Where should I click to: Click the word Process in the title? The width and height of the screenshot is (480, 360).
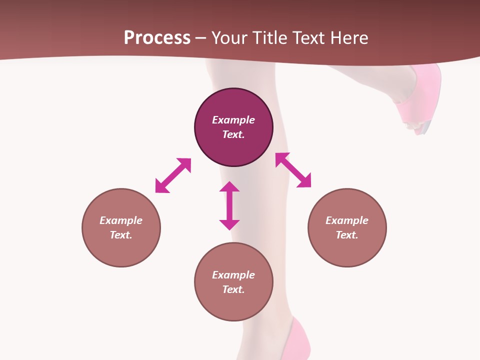[x=157, y=38]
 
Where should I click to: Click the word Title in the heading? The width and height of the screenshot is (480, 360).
[x=270, y=38]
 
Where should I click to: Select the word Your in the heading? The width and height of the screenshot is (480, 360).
[x=228, y=38]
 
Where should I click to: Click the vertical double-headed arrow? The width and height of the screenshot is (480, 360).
[x=229, y=205]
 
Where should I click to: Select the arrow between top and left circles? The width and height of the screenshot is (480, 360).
[x=173, y=175]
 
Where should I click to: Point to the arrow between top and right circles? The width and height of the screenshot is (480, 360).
[x=293, y=170]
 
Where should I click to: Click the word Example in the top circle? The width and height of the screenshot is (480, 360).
[x=233, y=120]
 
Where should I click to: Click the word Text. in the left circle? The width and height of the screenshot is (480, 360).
[x=121, y=235]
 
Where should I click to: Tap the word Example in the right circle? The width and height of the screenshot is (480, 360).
[x=347, y=220]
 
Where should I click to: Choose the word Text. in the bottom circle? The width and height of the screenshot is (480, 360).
[x=233, y=289]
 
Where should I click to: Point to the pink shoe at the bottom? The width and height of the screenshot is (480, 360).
[x=300, y=340]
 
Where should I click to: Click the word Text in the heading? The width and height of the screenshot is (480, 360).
[x=308, y=38]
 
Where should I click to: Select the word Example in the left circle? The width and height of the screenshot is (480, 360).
[x=121, y=220]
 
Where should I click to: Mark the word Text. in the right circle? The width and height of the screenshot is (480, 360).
[x=347, y=235]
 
